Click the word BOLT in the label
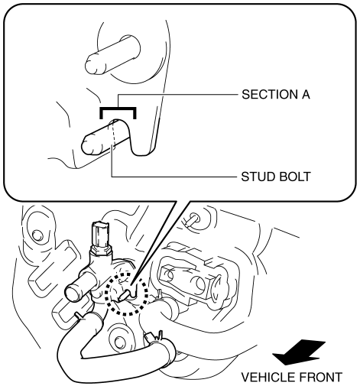coord(295,177)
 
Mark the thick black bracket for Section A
coord(118,109)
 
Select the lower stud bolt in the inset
coord(105,138)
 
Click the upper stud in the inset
coord(112,54)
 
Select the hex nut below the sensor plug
coord(101,251)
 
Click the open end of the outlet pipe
coord(73,293)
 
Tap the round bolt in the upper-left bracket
coord(37,235)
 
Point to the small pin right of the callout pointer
coord(194,218)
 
